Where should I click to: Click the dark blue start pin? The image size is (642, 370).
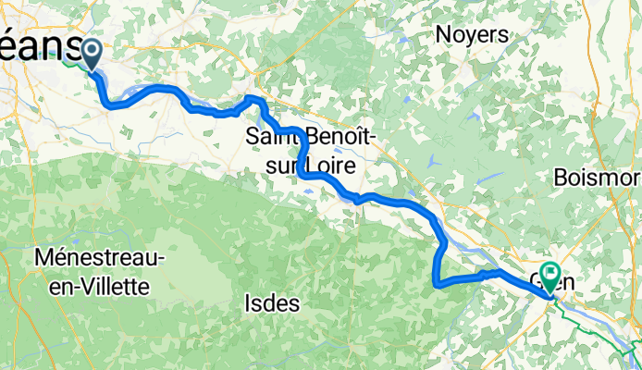(93, 53)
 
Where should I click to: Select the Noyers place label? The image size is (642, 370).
(473, 36)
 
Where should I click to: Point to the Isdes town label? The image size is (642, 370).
(273, 302)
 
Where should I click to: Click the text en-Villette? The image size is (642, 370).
(100, 286)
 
